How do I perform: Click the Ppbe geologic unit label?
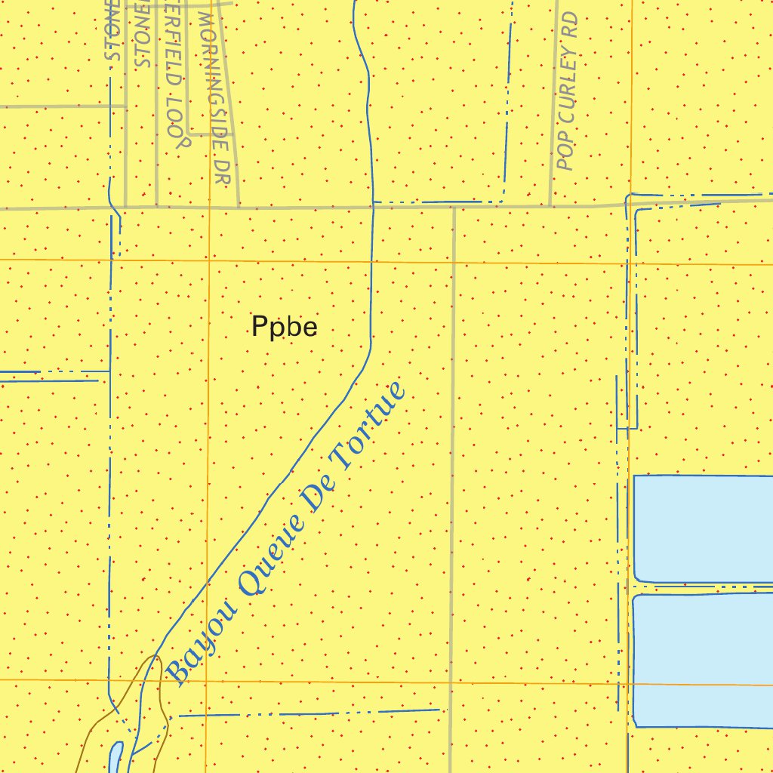pos(284,328)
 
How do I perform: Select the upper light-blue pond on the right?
pos(702,528)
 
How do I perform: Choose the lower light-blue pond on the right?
pos(702,661)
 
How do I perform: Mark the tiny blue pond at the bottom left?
pos(115,756)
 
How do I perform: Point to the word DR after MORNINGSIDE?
pos(220,172)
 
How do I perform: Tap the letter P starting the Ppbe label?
pos(259,328)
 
